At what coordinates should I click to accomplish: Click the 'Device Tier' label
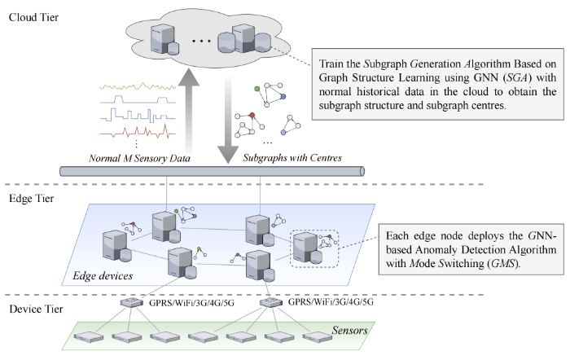pos(35,309)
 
